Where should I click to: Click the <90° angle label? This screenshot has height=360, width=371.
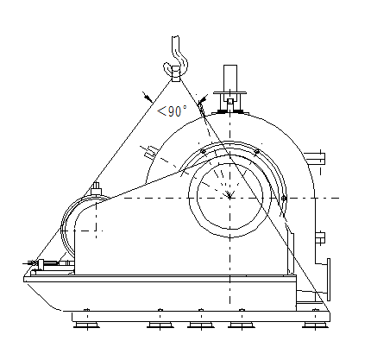173,111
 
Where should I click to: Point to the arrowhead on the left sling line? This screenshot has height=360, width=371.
148,98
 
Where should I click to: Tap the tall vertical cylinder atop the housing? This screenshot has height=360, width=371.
230,78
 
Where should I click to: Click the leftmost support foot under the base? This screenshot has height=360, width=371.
86,325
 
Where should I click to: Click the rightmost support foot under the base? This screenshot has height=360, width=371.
316,325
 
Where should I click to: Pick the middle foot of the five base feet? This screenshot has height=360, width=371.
201,325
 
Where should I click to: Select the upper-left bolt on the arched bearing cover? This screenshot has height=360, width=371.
203,151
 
